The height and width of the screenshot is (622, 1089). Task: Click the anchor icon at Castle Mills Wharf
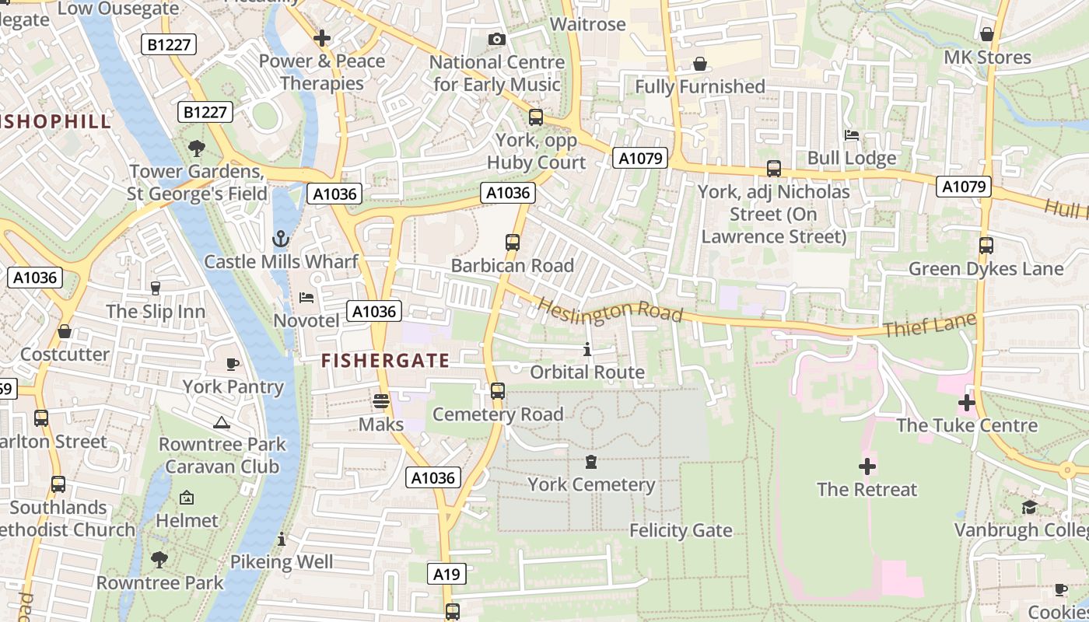pos(280,239)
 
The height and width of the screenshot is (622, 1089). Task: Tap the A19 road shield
pos(446,575)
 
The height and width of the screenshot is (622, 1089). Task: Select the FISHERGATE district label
pos(385,361)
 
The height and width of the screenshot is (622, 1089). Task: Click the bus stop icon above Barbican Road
pos(513,243)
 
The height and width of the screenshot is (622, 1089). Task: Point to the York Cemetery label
pos(591,485)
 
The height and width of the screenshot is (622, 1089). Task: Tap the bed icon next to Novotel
pos(306,298)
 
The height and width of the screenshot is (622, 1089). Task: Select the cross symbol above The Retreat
pos(867,466)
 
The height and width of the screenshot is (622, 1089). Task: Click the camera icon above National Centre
pos(497,39)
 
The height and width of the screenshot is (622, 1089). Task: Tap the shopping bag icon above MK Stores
pos(987,34)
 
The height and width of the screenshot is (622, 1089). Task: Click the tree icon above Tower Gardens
pos(197,148)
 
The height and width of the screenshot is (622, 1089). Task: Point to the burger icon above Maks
pos(380,401)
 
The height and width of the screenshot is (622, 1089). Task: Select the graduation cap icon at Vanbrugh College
pos(1029,508)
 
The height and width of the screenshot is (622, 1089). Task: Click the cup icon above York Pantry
pos(232,364)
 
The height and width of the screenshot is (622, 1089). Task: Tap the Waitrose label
pos(587,24)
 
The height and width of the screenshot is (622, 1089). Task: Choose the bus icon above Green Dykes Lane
pos(986,246)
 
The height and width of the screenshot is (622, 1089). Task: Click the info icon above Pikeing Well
pos(282,539)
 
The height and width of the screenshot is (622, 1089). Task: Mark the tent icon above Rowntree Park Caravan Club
pos(222,422)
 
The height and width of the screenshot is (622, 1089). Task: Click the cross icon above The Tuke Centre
pos(967,403)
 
